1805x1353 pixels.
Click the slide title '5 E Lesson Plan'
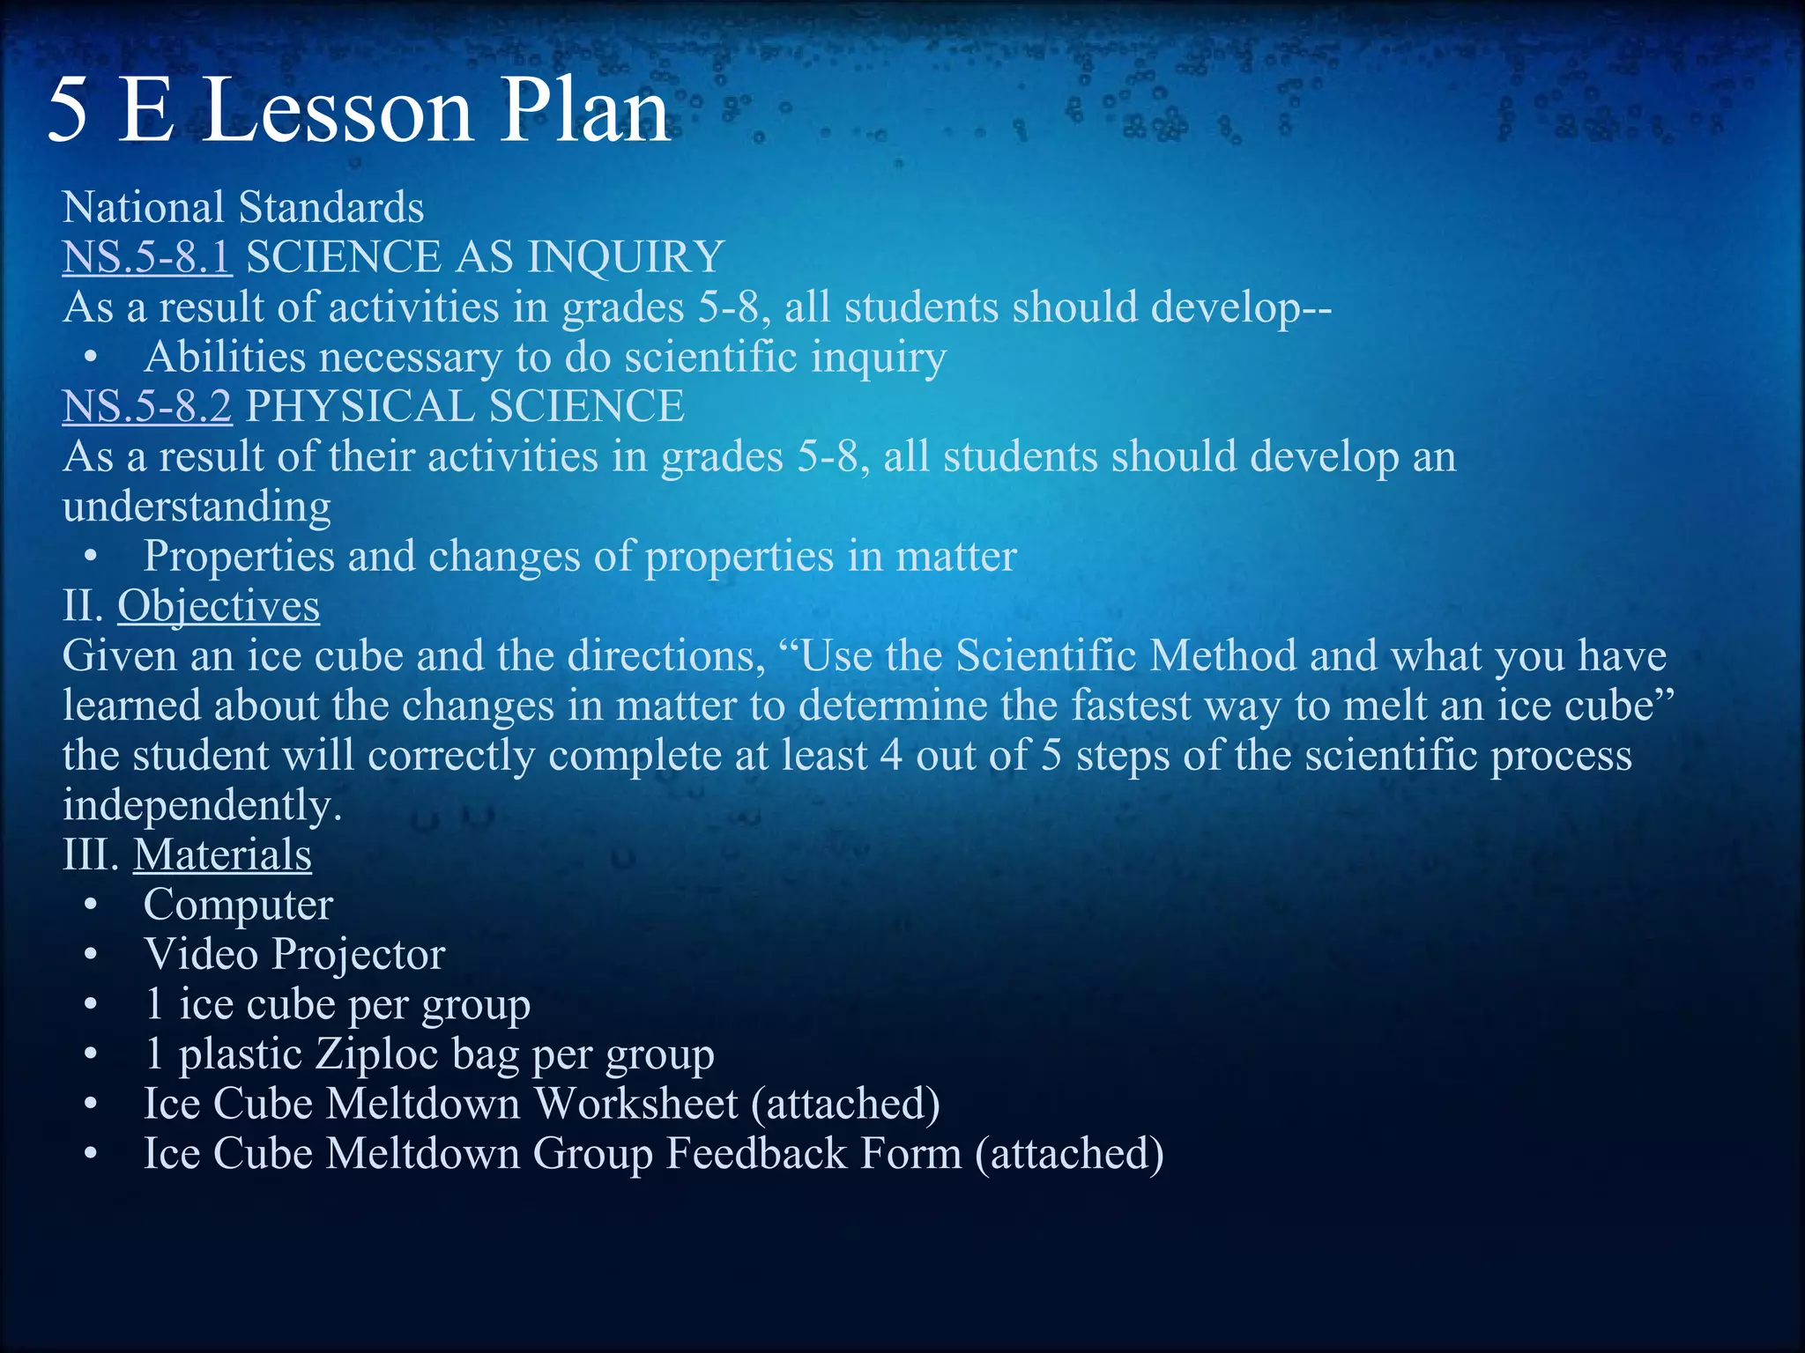click(358, 111)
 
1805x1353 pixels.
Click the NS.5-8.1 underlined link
click(147, 257)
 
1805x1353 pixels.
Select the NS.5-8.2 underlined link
click(147, 407)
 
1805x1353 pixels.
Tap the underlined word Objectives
click(219, 606)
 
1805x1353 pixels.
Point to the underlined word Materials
click(222, 854)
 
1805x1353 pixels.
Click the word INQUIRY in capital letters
click(626, 257)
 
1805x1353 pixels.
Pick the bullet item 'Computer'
click(238, 905)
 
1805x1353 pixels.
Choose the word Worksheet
click(636, 1104)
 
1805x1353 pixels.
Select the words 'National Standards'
click(243, 208)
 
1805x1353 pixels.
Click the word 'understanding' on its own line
click(197, 506)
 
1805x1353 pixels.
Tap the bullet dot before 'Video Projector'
click(90, 955)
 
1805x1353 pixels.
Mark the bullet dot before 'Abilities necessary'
click(90, 358)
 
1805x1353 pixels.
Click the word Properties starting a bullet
click(239, 557)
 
